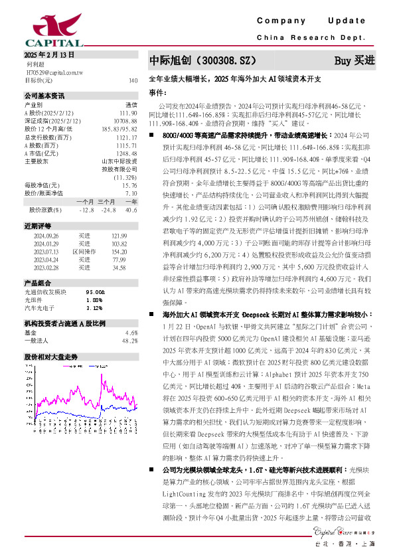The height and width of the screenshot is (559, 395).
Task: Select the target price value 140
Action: click(133, 80)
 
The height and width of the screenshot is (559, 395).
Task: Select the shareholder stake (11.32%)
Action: click(125, 178)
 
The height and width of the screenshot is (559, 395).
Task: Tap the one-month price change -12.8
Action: click(86, 210)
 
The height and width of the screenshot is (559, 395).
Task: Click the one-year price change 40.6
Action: click(131, 210)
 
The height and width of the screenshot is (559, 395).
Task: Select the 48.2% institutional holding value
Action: click(130, 341)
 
